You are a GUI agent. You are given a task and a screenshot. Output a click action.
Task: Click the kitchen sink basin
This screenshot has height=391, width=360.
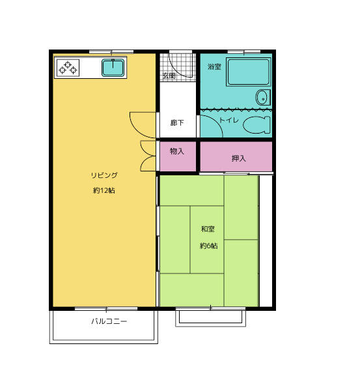click(x=113, y=68)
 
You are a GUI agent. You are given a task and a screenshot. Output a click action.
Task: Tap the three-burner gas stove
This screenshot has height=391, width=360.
click(x=68, y=68)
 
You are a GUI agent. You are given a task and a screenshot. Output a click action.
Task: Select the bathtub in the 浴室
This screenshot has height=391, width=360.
click(x=249, y=72)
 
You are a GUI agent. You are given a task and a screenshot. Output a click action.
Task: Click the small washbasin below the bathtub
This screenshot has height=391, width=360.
click(x=263, y=98)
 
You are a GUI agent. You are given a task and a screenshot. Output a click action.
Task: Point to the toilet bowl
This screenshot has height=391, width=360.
click(x=256, y=124)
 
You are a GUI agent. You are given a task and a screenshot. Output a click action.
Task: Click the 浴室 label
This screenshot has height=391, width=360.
click(x=214, y=66)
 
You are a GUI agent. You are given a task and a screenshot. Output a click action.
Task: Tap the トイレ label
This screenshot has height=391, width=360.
click(x=229, y=120)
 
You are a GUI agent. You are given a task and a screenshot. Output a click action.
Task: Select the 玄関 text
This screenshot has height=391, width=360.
click(x=169, y=76)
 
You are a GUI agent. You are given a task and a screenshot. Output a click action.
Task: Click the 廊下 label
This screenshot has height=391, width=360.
click(x=177, y=123)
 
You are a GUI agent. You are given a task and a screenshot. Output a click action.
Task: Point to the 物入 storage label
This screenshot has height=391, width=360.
click(x=177, y=151)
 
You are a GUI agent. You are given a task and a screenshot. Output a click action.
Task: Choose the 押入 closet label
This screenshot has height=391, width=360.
click(x=239, y=158)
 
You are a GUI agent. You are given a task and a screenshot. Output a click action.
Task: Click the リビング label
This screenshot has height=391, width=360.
click(x=104, y=175)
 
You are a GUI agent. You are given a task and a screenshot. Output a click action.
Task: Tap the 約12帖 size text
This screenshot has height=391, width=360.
click(x=104, y=191)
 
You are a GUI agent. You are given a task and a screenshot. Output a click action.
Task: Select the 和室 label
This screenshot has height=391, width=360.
click(x=208, y=229)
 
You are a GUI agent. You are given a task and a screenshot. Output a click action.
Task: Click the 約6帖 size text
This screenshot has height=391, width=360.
click(x=209, y=246)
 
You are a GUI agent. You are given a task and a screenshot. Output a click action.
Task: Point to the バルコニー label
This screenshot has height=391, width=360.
click(x=109, y=321)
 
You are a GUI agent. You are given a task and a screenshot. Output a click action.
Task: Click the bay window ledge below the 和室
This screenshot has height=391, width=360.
click(x=210, y=318)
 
